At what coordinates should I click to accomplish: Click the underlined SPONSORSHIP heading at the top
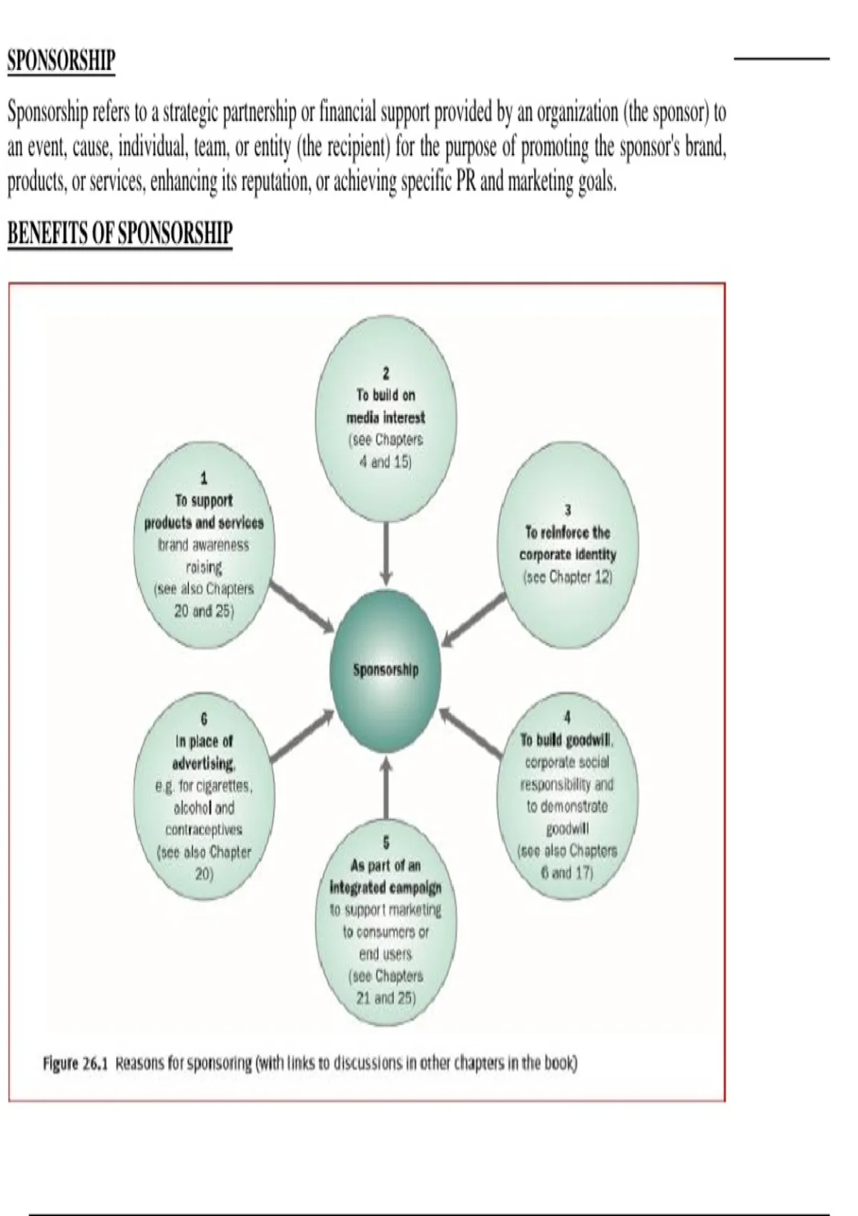[x=61, y=61]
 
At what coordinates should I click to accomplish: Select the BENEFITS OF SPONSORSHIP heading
[x=120, y=234]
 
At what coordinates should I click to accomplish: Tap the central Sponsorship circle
[x=386, y=670]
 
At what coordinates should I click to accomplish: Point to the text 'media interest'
[x=386, y=418]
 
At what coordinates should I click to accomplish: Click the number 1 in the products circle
[x=204, y=479]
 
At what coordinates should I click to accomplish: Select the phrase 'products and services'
[x=204, y=523]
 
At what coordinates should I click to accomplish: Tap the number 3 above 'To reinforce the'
[x=568, y=510]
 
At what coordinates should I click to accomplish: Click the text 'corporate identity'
[x=568, y=555]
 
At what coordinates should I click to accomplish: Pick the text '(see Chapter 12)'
[x=568, y=577]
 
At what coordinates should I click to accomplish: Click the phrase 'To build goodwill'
[x=566, y=740]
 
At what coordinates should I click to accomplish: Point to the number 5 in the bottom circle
[x=386, y=843]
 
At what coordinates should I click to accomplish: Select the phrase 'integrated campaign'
[x=386, y=888]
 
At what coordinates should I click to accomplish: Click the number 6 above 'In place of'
[x=204, y=720]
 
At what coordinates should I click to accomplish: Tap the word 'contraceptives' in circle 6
[x=204, y=830]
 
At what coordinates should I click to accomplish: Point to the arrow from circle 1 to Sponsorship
[x=302, y=607]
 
